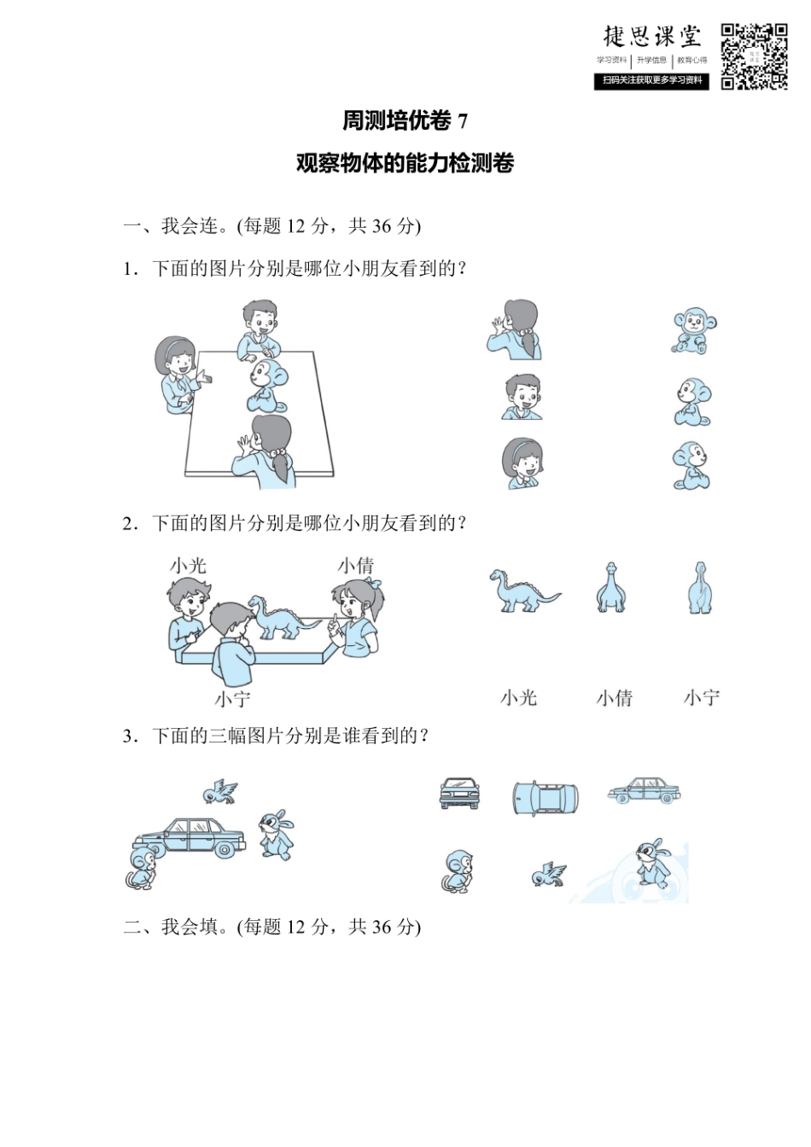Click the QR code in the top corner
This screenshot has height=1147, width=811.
pyautogui.click(x=754, y=56)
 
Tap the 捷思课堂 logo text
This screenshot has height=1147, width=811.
pyautogui.click(x=652, y=36)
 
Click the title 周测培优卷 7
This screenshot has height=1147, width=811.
pyautogui.click(x=405, y=121)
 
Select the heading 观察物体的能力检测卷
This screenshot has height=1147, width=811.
pyautogui.click(x=405, y=163)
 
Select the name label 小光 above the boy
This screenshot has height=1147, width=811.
pyautogui.click(x=188, y=565)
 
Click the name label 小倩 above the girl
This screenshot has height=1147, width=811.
pyautogui.click(x=355, y=565)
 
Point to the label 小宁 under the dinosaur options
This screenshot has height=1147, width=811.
pyautogui.click(x=701, y=698)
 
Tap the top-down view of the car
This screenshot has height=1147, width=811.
pyautogui.click(x=546, y=797)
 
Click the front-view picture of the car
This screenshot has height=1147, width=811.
pyautogui.click(x=458, y=793)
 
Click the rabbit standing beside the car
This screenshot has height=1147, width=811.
pyautogui.click(x=277, y=834)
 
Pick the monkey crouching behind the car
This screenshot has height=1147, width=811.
pyautogui.click(x=142, y=867)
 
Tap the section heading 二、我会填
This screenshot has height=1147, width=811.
pyautogui.click(x=271, y=927)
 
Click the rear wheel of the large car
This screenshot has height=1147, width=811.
pyautogui.click(x=225, y=849)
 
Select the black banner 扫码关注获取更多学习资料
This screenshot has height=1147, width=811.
pyautogui.click(x=651, y=80)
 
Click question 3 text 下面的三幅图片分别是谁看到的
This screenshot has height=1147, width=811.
pyautogui.click(x=289, y=736)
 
